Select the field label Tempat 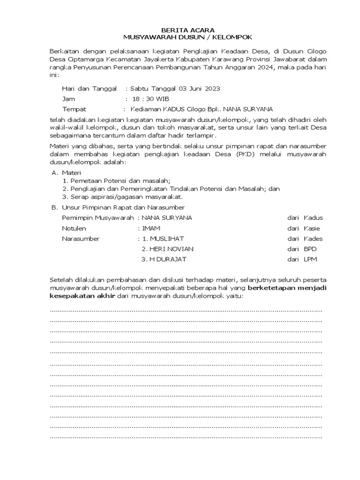73,109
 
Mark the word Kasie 312,228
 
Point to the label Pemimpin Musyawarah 98,218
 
